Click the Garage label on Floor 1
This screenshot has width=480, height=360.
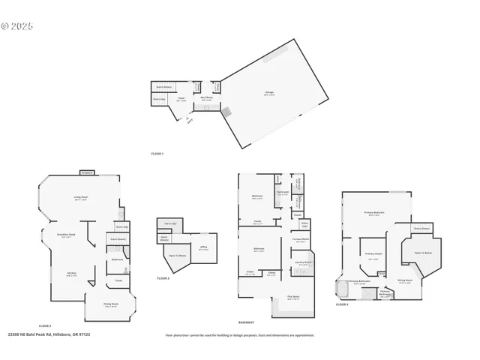coord(269,94)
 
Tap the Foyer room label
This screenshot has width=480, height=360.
coord(181,99)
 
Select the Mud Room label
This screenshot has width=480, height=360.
coord(205,98)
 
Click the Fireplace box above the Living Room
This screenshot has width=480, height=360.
coord(87,172)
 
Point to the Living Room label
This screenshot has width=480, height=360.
coord(80,199)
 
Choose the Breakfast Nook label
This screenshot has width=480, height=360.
coord(67,235)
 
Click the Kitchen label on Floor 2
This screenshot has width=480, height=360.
coord(72,274)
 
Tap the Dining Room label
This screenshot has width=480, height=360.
coord(112,305)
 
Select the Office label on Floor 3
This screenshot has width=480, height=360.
coord(203,248)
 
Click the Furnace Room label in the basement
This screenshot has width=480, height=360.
coord(301,240)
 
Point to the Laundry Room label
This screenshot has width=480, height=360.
coord(302,263)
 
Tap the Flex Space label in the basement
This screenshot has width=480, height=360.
coord(294,298)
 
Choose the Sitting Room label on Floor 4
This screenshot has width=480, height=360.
coord(405,281)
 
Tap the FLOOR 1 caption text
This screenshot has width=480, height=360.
coord(157,154)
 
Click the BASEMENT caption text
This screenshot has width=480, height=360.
coord(246,322)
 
